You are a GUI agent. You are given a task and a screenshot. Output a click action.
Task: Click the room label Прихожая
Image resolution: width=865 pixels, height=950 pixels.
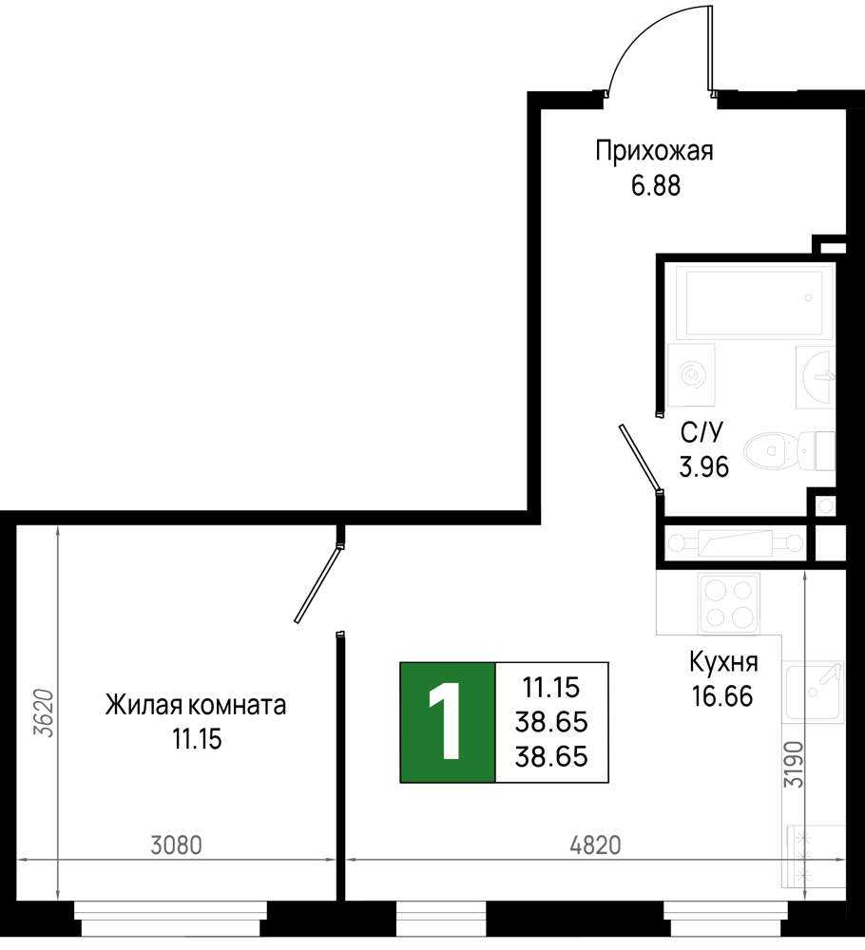click(x=654, y=151)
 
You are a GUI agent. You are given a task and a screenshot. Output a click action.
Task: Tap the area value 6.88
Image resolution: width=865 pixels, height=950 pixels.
click(x=656, y=186)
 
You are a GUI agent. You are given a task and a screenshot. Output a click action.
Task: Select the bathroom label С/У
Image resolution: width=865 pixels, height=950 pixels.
click(x=702, y=432)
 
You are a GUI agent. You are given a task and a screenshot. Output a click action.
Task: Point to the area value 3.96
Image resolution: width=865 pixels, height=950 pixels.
click(x=703, y=467)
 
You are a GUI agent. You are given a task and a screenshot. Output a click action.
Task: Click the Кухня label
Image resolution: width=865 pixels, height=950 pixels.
click(x=723, y=663)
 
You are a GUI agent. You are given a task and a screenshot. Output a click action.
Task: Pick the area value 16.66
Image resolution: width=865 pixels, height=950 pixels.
click(x=722, y=696)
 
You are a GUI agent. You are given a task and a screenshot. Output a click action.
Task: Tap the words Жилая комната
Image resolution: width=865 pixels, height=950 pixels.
click(x=195, y=705)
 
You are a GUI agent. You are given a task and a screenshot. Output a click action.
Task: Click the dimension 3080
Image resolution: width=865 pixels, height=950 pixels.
click(x=176, y=845)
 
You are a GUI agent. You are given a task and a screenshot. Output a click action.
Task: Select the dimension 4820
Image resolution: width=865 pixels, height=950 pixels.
click(x=595, y=845)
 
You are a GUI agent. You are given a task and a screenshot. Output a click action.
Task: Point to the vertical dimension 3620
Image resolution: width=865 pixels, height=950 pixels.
click(x=45, y=713)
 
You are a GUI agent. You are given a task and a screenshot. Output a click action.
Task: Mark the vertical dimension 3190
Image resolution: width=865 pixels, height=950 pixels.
click(x=794, y=765)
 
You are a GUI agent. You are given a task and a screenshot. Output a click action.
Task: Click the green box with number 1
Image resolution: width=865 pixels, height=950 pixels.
click(x=448, y=722)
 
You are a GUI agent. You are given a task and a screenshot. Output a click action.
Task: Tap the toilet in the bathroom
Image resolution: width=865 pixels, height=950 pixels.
click(x=789, y=451)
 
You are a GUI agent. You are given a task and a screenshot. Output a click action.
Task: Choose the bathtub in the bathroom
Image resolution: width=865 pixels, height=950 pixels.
click(x=754, y=302)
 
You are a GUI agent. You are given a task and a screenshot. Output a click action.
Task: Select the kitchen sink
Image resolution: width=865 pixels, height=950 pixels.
click(x=814, y=692)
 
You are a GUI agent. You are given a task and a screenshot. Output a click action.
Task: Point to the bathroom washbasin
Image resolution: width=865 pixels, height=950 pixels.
click(x=816, y=375)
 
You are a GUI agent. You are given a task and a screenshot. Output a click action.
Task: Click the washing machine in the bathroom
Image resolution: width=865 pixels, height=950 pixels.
click(x=691, y=375)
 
